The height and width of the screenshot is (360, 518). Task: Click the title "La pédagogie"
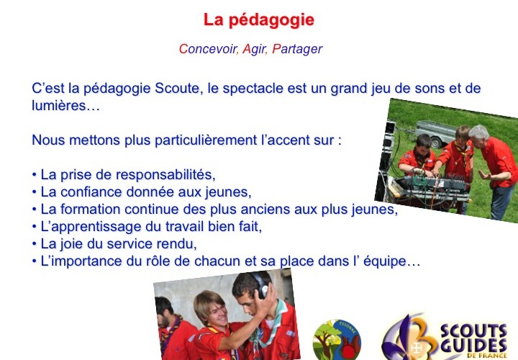[x=259, y=20]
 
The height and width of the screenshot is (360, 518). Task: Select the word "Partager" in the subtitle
[x=297, y=49]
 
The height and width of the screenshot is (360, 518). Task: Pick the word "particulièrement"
[x=206, y=140]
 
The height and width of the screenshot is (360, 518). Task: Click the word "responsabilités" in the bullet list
[x=165, y=174]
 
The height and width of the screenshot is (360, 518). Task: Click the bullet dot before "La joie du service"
[x=34, y=243]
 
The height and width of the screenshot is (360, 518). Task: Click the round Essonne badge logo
[x=337, y=340]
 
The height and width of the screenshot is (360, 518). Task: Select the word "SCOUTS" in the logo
[x=473, y=332]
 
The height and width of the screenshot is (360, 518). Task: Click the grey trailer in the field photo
[x=435, y=133]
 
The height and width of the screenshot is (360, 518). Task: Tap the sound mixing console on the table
[x=433, y=186]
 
